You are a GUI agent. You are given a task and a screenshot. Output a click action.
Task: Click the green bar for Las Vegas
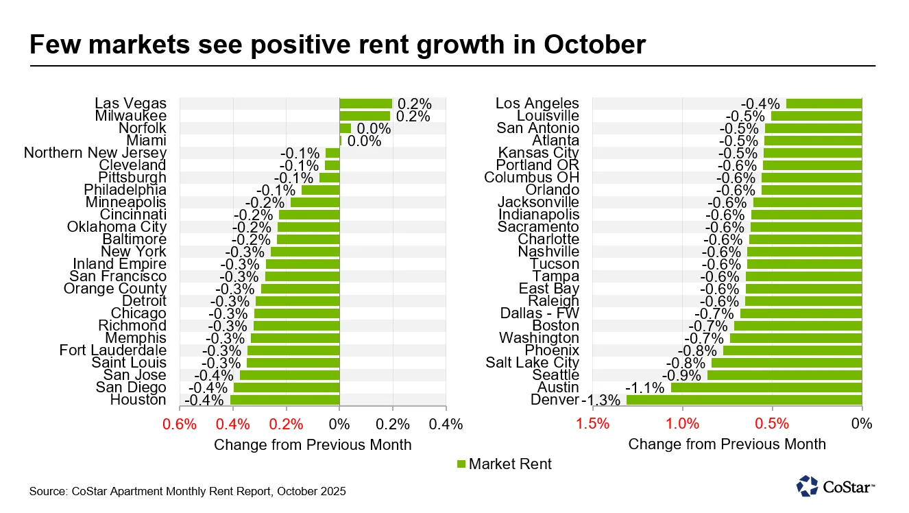(365, 104)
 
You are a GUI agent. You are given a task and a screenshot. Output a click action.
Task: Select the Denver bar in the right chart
(744, 400)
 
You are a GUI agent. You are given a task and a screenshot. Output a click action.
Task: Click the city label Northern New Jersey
(95, 153)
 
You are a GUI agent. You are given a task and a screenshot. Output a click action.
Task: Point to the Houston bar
(284, 400)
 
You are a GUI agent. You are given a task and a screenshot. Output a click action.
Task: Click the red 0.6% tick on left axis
(180, 424)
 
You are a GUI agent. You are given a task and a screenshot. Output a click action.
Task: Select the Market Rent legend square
(461, 464)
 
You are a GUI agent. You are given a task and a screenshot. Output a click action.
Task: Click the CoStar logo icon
(808, 486)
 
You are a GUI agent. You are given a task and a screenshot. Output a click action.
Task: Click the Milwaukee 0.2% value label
(413, 116)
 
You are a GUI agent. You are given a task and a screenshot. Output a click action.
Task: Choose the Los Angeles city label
(537, 104)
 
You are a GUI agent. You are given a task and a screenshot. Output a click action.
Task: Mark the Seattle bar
(784, 375)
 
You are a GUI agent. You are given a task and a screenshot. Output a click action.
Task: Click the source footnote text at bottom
(187, 492)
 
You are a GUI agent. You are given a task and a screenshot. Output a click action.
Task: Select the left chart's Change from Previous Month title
(313, 444)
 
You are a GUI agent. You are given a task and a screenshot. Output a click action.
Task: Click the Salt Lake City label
(532, 363)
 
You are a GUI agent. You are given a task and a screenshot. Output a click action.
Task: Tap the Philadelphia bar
(320, 190)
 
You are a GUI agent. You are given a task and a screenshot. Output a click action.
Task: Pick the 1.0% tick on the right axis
(683, 424)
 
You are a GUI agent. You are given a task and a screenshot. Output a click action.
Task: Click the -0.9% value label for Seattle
(682, 375)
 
